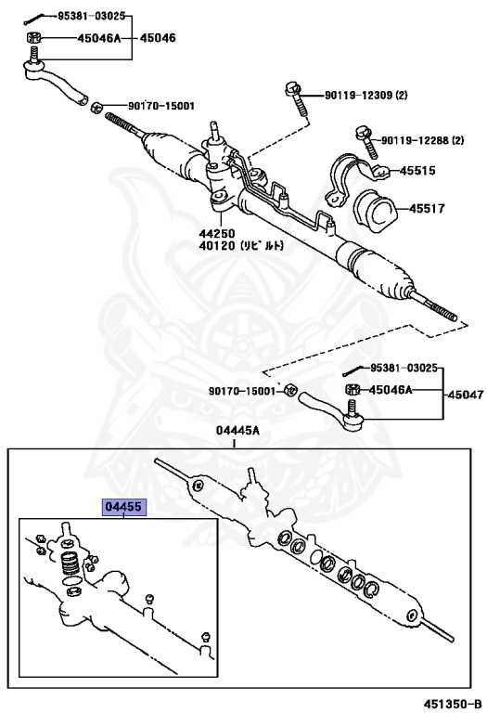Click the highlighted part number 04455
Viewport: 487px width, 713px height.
click(x=123, y=507)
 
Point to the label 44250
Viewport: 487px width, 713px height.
click(x=216, y=234)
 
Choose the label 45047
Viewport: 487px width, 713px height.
click(x=466, y=394)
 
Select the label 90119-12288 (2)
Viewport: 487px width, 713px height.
click(x=421, y=139)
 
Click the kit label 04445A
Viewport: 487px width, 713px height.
click(x=237, y=429)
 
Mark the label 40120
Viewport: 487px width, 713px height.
click(x=216, y=247)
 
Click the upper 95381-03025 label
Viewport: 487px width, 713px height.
click(x=91, y=17)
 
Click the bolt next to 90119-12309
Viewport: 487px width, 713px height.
click(x=295, y=99)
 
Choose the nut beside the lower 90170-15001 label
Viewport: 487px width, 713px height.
click(x=289, y=388)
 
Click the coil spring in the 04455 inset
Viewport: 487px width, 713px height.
click(x=68, y=564)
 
